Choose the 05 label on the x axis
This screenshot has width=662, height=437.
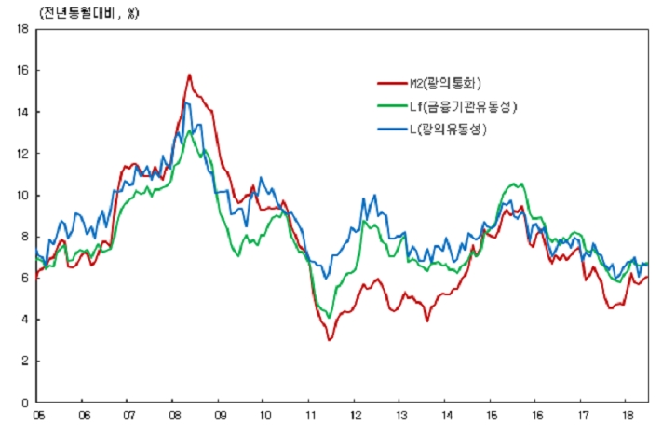coord(38,416)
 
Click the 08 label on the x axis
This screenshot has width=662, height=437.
coord(174,416)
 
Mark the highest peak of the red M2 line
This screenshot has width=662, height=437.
coord(190,75)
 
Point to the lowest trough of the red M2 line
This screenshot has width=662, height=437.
coord(329,339)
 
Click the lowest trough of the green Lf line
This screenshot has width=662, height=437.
coord(329,317)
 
